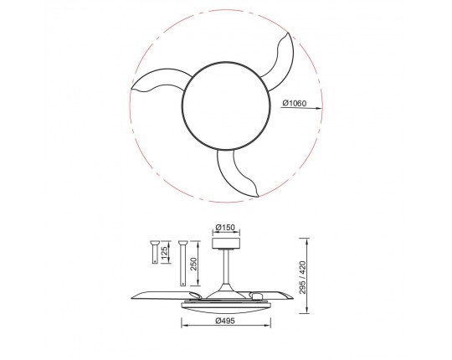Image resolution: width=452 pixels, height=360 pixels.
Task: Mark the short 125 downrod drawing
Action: tap(156, 253)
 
